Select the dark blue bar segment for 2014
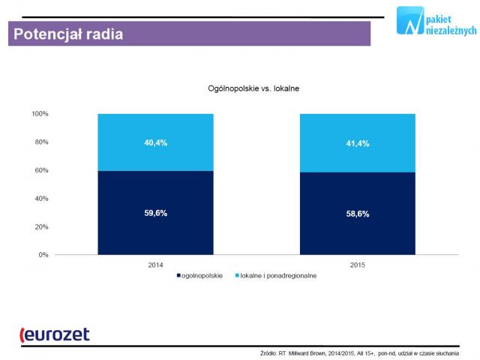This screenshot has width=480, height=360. tap(155, 213)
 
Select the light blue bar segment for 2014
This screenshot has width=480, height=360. tap(155, 142)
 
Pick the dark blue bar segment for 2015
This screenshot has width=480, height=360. tap(357, 214)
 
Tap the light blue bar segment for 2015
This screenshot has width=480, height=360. tap(357, 143)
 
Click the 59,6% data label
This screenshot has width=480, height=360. tap(155, 213)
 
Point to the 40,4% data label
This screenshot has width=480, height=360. tap(155, 142)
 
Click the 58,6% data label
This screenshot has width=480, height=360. tap(357, 214)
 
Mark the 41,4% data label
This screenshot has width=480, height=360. tap(357, 142)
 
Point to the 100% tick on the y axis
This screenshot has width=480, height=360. tap(40, 114)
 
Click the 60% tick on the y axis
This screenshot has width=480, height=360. tap(41, 170)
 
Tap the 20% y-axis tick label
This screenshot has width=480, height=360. tap(41, 226)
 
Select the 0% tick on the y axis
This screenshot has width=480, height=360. tap(43, 255)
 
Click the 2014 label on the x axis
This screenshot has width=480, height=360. tap(155, 265)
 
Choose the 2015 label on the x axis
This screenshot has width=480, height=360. tap(357, 265)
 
